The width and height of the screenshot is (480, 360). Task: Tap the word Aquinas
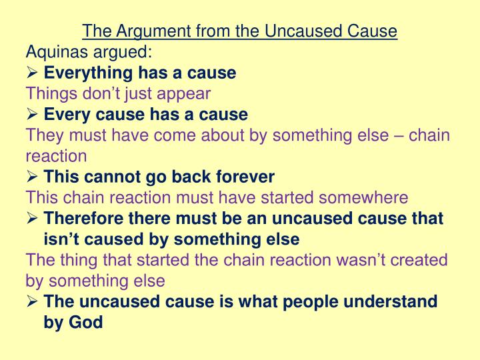pyautogui.click(x=53, y=51)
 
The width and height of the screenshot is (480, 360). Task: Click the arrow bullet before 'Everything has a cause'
pyautogui.click(x=33, y=72)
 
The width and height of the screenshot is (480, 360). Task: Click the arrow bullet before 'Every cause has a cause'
pyautogui.click(x=33, y=114)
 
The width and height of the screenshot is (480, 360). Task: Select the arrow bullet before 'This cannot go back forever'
pyautogui.click(x=33, y=177)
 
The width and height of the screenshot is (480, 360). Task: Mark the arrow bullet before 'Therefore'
pyautogui.click(x=33, y=219)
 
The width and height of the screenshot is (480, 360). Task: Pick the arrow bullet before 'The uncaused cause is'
pyautogui.click(x=33, y=301)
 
